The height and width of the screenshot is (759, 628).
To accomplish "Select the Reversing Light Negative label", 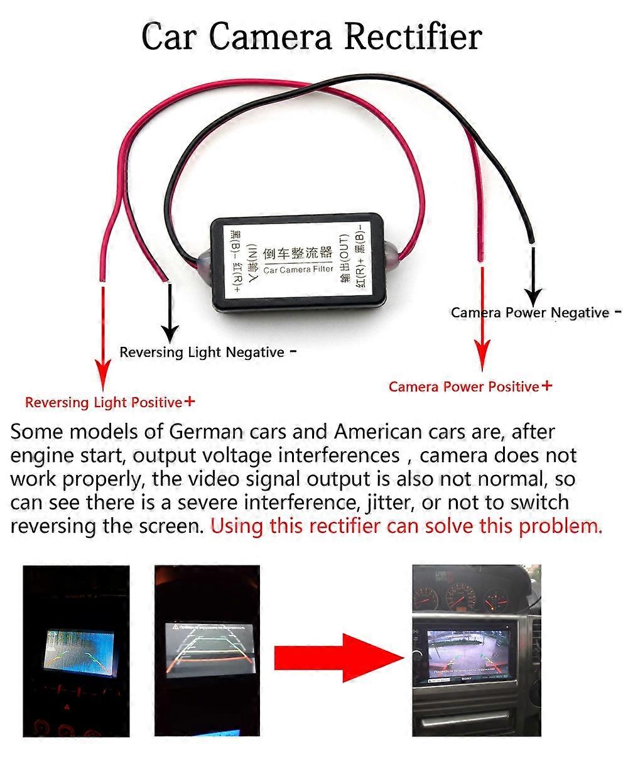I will point(202,352).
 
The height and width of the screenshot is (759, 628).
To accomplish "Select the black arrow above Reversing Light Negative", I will point(170,311).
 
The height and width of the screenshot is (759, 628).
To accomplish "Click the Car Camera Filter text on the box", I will point(298,270).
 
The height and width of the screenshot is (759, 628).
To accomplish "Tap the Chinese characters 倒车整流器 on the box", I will point(298,253).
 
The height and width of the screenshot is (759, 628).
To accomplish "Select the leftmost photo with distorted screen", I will point(76,651).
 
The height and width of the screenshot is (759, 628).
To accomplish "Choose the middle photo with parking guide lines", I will point(207,651).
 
